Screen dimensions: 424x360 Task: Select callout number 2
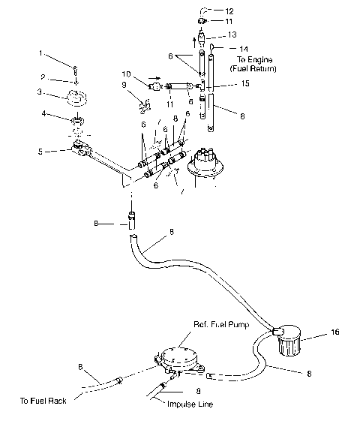tap(43, 76)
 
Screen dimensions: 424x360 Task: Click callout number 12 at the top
tap(229, 11)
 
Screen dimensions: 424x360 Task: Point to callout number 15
tap(244, 84)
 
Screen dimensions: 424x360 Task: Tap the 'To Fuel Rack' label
tap(44, 401)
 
